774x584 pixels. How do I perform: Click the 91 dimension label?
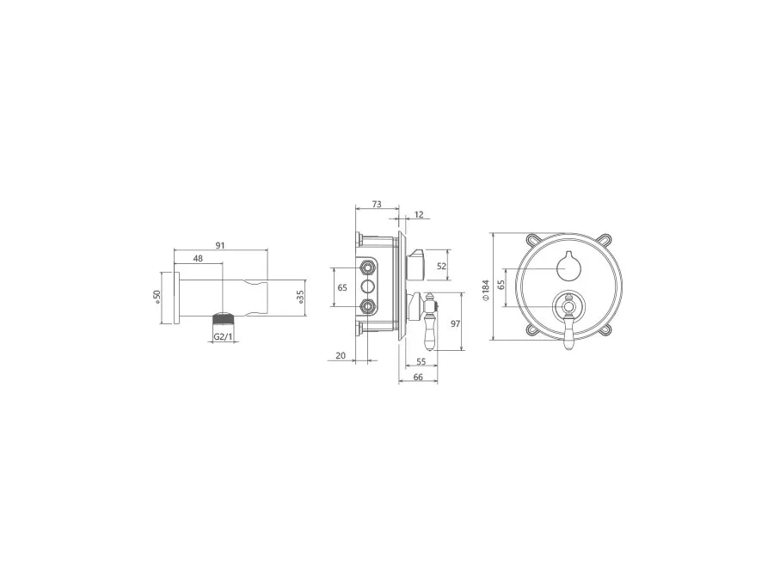[221, 245]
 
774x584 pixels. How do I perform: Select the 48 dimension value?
[198, 258]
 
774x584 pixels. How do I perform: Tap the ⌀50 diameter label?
[157, 298]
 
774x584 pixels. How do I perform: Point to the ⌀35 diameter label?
[301, 298]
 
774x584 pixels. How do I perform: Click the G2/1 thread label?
[224, 336]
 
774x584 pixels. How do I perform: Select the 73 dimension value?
[377, 205]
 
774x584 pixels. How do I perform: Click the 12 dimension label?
[419, 215]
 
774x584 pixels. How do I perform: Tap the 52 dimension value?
[441, 266]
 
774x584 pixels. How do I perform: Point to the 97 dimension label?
[455, 324]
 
